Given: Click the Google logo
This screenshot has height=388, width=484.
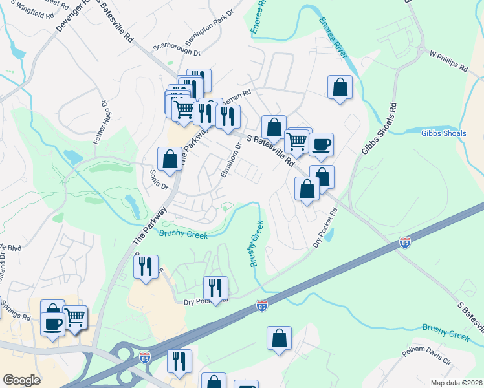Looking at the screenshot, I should tap(21, 380).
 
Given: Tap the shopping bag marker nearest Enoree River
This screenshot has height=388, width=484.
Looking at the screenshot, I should tap(340, 87).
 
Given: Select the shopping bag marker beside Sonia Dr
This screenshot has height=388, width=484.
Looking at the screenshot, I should tap(170, 159).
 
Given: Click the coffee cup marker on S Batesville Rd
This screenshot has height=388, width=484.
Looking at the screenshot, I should tap(320, 144).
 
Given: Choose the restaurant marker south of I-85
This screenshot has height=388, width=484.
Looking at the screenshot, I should tap(179, 361).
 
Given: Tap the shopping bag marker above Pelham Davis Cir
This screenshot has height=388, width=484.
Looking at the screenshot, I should tap(279, 338).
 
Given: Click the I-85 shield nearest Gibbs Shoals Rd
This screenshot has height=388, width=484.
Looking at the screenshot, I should tap(404, 243).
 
